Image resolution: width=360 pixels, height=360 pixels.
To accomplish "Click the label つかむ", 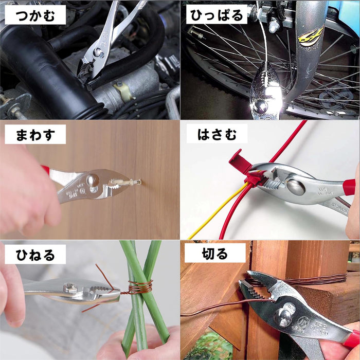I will pos(35,15).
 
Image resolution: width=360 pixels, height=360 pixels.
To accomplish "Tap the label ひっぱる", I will pos(215,15).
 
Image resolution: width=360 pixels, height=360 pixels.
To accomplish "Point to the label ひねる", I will pos(35,254).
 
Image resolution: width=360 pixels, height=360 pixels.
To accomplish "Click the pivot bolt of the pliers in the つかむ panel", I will pos(99,52).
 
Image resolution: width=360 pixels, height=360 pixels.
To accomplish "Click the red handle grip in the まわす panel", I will pos(46,170).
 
